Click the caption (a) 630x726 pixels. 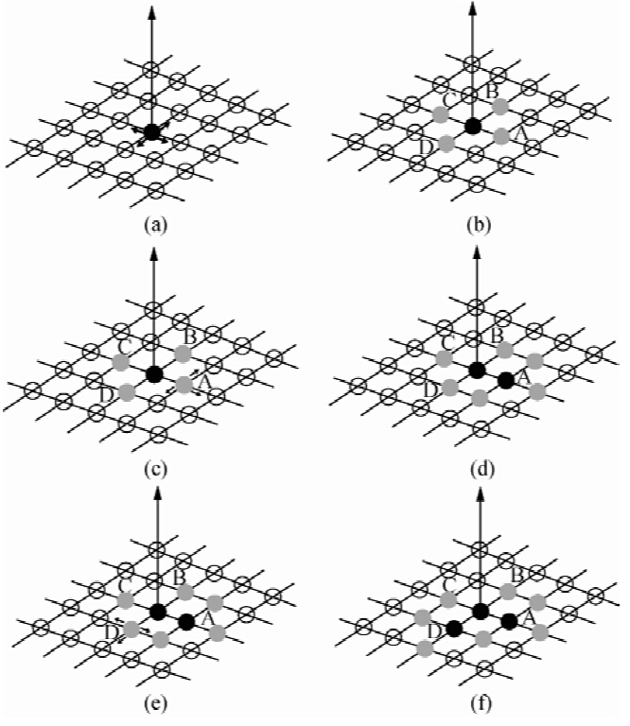pos(151,227)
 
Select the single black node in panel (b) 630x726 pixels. pos(473,126)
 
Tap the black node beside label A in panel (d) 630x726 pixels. pos(506,380)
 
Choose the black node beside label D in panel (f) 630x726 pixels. pos(454,628)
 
